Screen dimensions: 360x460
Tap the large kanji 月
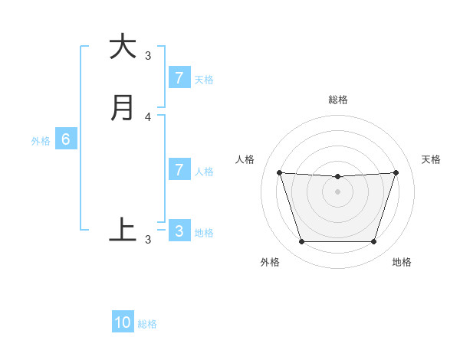tap(123, 108)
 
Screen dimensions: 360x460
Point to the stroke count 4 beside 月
tap(148, 116)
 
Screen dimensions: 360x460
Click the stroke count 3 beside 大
tap(148, 55)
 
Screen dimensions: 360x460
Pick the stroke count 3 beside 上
tap(148, 240)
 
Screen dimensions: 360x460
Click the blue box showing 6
tap(66, 139)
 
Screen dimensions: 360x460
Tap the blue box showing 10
tap(123, 322)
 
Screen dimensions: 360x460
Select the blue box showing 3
tap(179, 231)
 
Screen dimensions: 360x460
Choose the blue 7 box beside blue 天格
tap(179, 77)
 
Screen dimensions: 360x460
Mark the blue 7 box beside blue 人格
tap(179, 169)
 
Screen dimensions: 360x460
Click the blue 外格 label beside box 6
tap(41, 141)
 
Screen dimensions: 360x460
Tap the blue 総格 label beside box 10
tap(147, 324)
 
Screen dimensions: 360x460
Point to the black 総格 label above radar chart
tap(337, 100)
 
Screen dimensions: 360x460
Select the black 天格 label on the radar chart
tap(432, 159)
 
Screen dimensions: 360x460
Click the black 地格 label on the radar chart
tap(402, 262)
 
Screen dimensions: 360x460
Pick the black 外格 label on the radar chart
tap(270, 262)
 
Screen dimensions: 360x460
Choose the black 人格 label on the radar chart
tap(245, 159)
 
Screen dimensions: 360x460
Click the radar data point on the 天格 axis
tap(396, 172)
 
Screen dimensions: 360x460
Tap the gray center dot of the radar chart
tap(337, 191)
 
